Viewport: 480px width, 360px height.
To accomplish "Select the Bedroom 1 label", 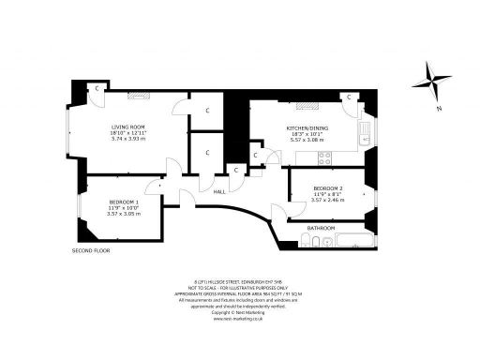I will (x=124, y=202).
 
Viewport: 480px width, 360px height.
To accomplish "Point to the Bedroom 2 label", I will (x=328, y=188).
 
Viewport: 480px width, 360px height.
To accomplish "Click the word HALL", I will (x=219, y=191).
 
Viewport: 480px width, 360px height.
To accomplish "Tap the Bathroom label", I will (x=322, y=228).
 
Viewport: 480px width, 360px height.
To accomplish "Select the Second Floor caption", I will (x=91, y=251).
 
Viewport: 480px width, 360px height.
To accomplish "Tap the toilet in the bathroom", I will (x=310, y=243).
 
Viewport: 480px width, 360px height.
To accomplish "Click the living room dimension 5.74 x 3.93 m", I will (x=130, y=140).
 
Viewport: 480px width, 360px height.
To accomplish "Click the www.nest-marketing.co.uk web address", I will (x=240, y=318).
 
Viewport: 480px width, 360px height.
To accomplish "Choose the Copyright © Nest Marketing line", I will (x=240, y=311).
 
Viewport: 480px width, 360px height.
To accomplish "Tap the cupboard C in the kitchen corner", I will (x=347, y=97).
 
